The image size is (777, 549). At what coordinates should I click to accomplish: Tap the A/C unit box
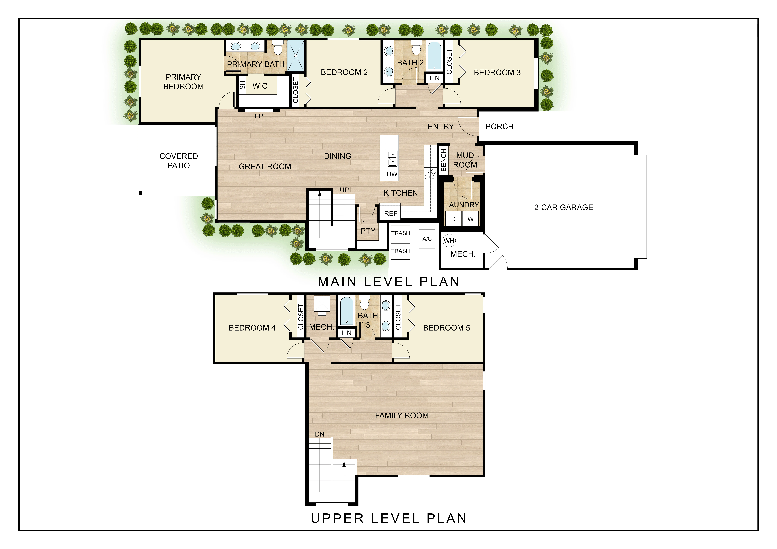click(x=427, y=239)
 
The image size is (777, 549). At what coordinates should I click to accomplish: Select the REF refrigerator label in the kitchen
click(x=391, y=213)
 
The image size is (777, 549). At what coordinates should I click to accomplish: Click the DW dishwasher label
click(x=392, y=174)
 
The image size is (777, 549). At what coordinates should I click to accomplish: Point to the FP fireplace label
click(x=259, y=116)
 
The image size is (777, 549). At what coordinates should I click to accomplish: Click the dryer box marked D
click(x=453, y=219)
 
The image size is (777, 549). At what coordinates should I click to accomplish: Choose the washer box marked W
click(x=470, y=219)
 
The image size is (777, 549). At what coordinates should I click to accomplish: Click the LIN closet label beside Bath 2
click(x=434, y=78)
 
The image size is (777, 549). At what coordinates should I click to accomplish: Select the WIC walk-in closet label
click(x=260, y=86)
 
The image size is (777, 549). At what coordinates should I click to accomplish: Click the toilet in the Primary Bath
click(x=278, y=47)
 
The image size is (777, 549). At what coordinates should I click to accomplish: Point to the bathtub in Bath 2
click(x=434, y=56)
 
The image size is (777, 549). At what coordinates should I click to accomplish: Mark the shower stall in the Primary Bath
click(x=296, y=55)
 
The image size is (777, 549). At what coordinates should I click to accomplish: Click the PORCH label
click(x=499, y=126)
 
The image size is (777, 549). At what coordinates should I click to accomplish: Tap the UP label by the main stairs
click(x=344, y=190)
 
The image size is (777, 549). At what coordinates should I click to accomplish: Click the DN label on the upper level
click(x=319, y=434)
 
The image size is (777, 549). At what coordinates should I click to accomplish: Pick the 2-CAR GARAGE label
click(x=563, y=207)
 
